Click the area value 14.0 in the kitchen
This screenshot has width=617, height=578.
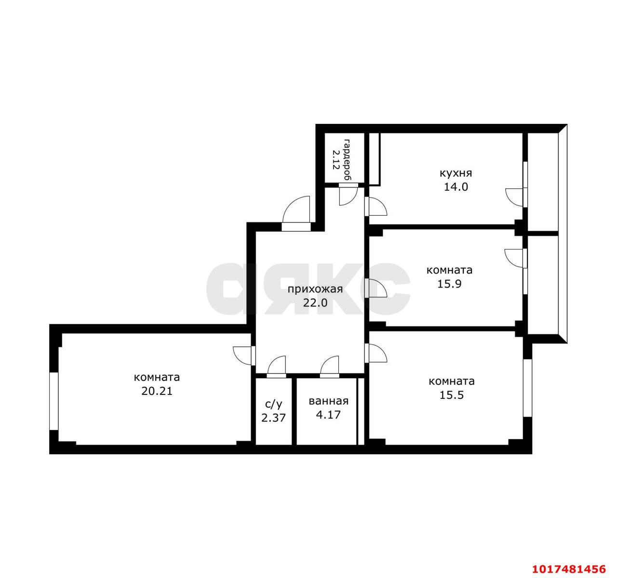456,187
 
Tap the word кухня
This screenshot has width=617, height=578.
456,173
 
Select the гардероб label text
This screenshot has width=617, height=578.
347,160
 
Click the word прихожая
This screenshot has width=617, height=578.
315,289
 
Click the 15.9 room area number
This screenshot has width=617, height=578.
450,284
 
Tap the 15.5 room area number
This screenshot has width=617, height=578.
451,395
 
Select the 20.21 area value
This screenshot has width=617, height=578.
157,391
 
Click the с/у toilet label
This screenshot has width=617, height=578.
274,405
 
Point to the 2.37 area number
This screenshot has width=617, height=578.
273,418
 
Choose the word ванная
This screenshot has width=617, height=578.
328,401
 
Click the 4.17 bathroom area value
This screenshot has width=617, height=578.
328,415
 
